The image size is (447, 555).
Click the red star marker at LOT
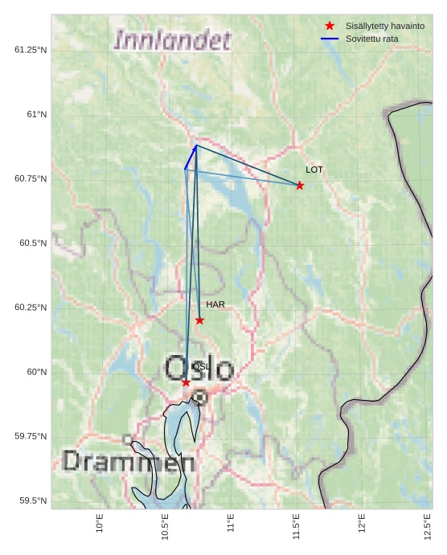click(300, 186)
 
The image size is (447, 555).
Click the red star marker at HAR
click(199, 320)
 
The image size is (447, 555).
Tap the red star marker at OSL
click(186, 382)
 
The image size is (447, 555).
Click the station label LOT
click(314, 170)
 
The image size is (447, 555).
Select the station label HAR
click(215, 305)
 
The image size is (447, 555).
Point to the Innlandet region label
click(172, 40)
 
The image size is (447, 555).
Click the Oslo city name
click(199, 369)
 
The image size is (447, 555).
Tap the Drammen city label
click(129, 462)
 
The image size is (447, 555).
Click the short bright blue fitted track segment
click(190, 157)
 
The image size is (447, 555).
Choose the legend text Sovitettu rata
click(371, 39)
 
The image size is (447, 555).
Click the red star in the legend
click(330, 26)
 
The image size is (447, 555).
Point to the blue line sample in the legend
click(330, 39)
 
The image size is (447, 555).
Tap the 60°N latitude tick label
click(37, 372)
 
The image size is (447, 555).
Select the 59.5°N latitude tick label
click(33, 501)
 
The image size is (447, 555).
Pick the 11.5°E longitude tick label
click(296, 527)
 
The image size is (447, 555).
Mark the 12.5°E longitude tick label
click(428, 527)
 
